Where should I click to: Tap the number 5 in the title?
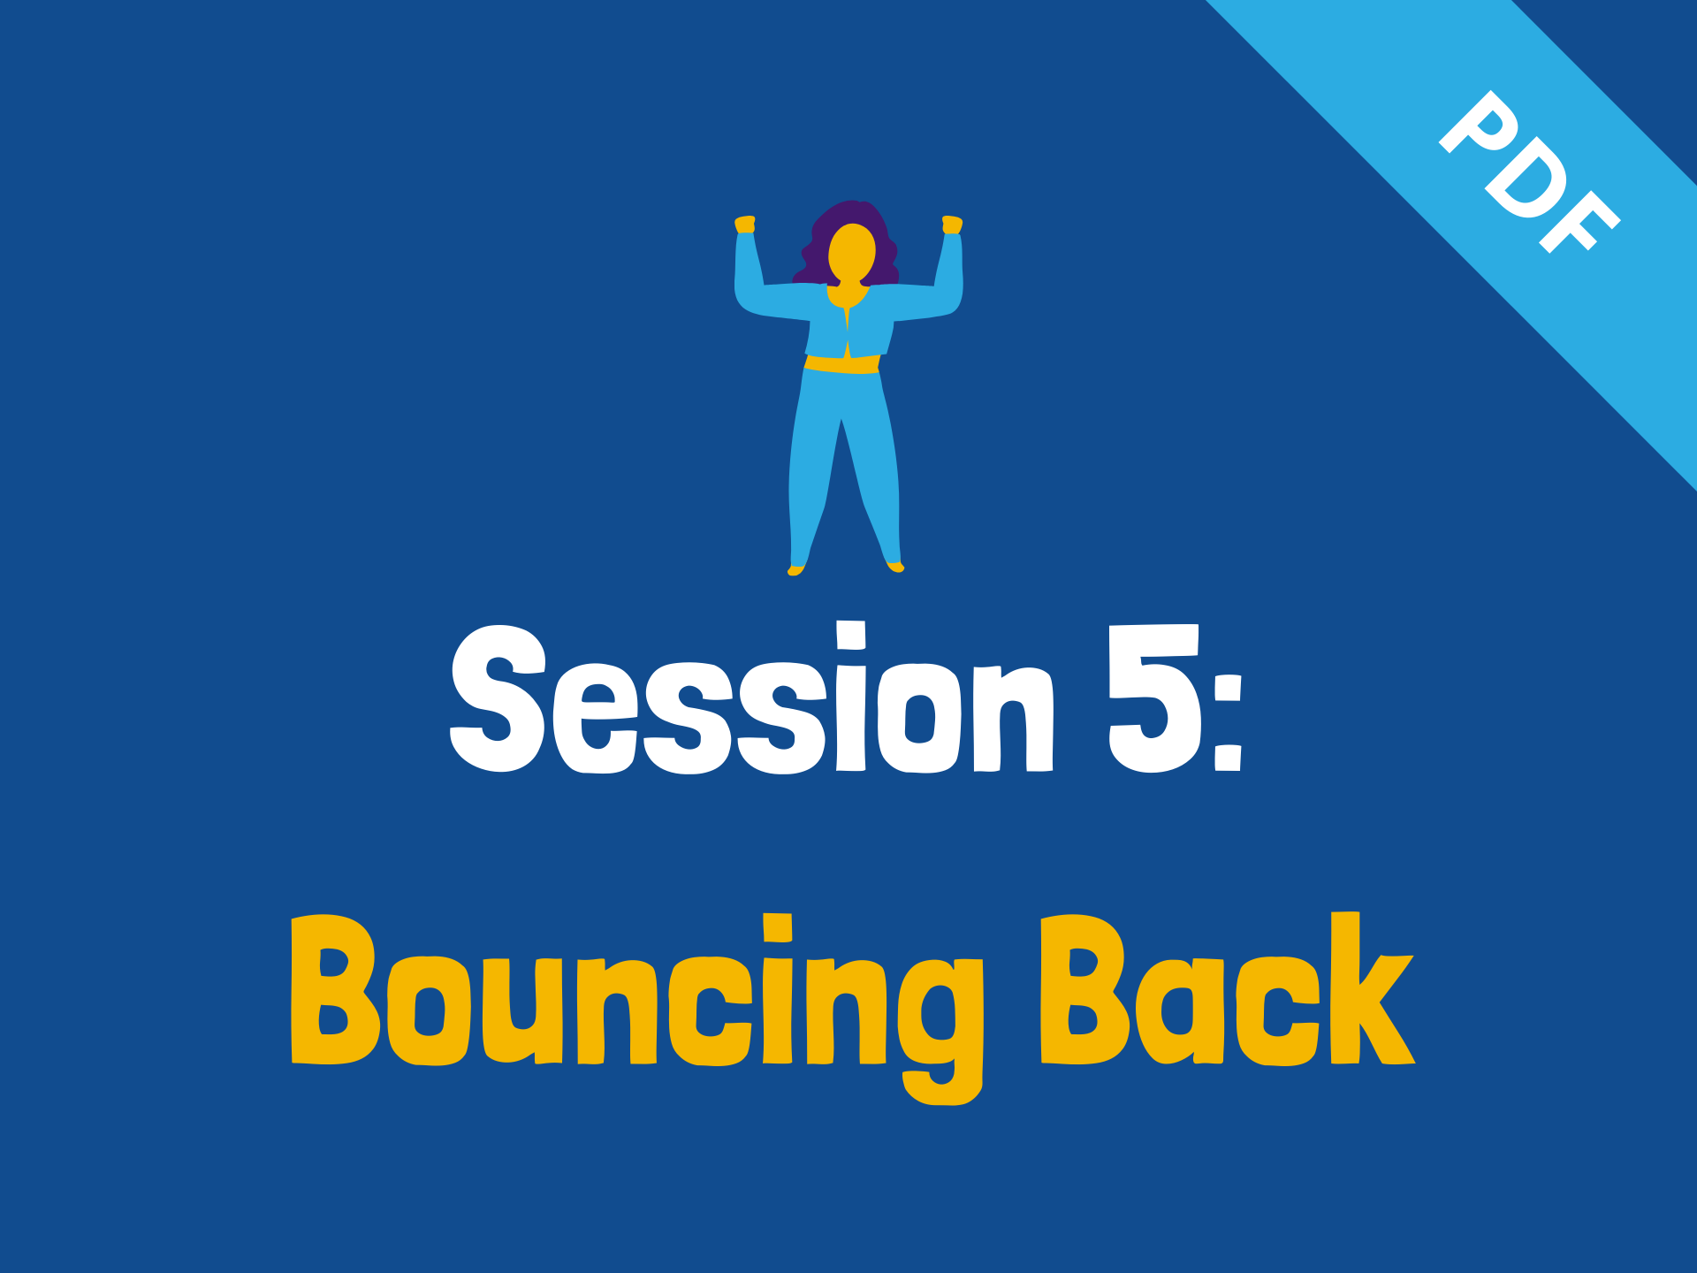pyautogui.click(x=1154, y=698)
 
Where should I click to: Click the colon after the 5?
pyautogui.click(x=1229, y=721)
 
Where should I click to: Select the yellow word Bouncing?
pyautogui.click(x=636, y=1008)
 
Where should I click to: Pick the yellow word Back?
pyautogui.click(x=1228, y=988)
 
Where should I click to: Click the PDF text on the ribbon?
pyautogui.click(x=1530, y=172)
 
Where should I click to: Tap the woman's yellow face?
pyautogui.click(x=852, y=253)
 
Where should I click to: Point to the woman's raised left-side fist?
pyautogui.click(x=745, y=225)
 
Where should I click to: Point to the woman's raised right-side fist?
pyautogui.click(x=952, y=225)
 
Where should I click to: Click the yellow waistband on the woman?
pyautogui.click(x=842, y=364)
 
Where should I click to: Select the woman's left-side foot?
pyautogui.click(x=795, y=569)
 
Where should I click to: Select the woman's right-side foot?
pyautogui.click(x=895, y=567)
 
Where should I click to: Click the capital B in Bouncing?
pyautogui.click(x=336, y=988)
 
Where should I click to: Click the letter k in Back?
pyautogui.click(x=1371, y=987)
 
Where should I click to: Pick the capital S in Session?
pyautogui.click(x=498, y=698)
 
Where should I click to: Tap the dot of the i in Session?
pyautogui.click(x=851, y=635)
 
